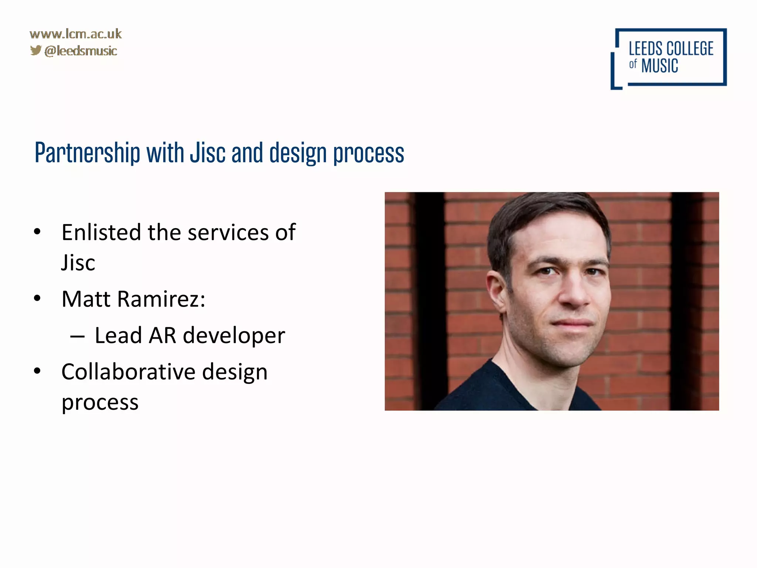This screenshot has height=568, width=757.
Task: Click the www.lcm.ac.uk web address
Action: [75, 34]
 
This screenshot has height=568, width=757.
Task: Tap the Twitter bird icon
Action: [36, 50]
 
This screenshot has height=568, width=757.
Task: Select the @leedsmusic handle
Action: [81, 51]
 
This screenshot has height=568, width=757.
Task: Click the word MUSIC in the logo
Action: [659, 66]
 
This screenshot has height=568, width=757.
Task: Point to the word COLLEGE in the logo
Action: [690, 49]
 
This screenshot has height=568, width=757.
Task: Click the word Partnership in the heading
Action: [87, 153]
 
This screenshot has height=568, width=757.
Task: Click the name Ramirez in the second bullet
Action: [161, 299]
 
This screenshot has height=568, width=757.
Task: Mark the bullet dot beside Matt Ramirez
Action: [37, 298]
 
